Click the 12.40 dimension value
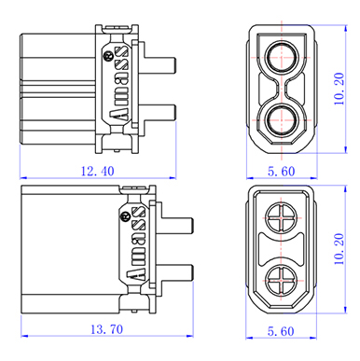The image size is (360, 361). tap(98, 172)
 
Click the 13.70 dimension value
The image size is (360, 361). tap(106, 329)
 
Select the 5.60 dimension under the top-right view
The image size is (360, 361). tap(281, 172)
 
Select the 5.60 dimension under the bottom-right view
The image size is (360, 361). tap(281, 331)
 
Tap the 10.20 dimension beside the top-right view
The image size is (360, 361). tap(339, 89)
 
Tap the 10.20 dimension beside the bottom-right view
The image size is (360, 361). tap(339, 249)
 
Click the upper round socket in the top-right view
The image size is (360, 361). tap(282, 57)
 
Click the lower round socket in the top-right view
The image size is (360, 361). tap(282, 120)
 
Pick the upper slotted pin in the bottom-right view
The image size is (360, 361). tap(282, 218)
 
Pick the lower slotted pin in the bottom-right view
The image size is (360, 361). tap(282, 281)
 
